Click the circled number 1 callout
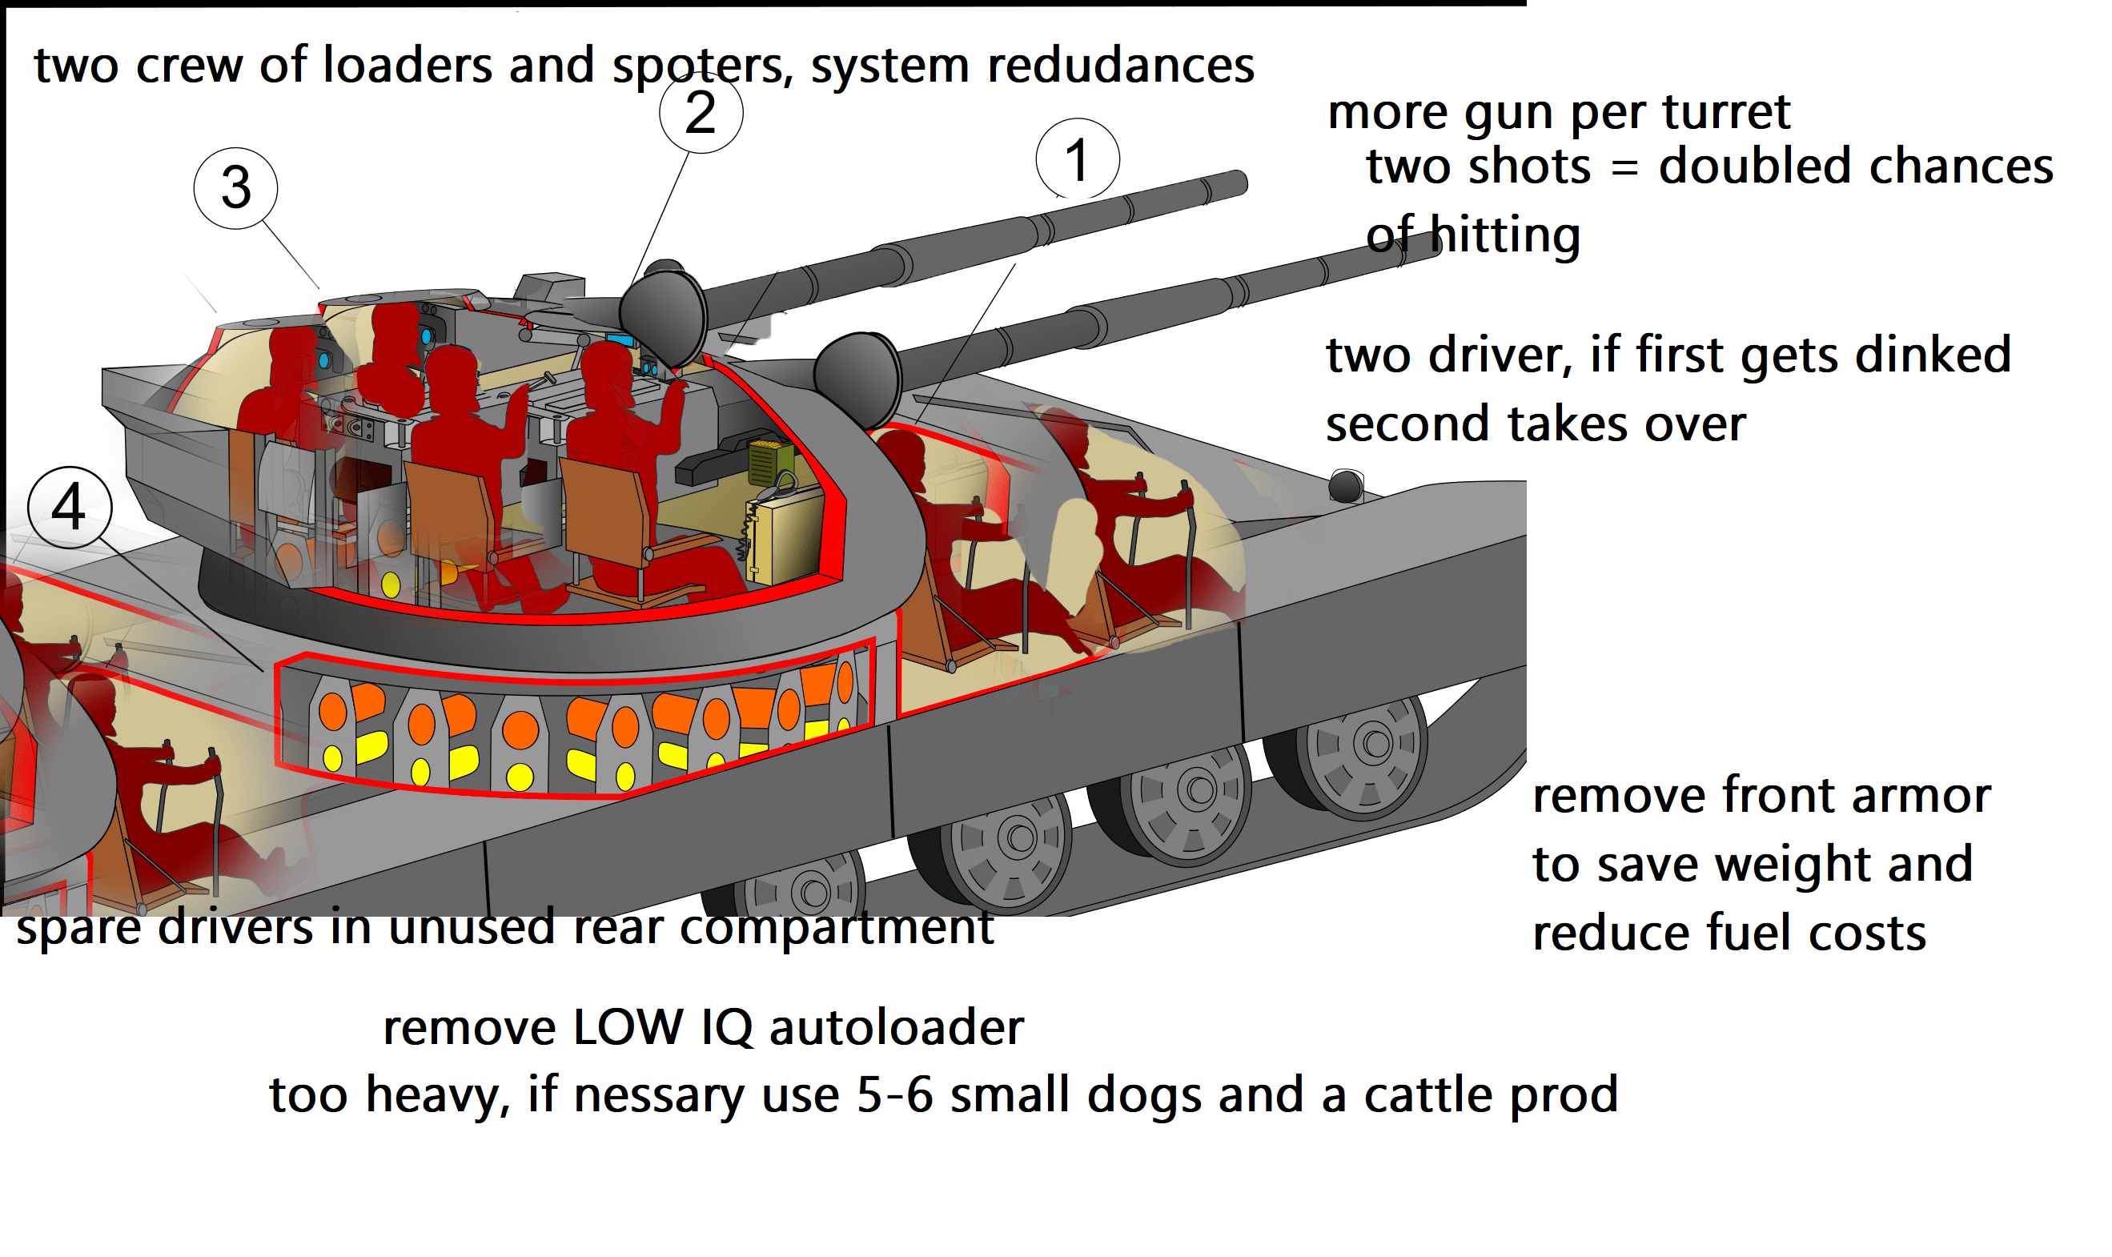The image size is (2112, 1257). click(1076, 159)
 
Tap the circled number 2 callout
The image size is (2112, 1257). click(701, 112)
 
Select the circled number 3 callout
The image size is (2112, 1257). click(235, 187)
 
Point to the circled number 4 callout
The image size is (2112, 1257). click(69, 507)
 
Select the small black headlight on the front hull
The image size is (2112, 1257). click(1344, 486)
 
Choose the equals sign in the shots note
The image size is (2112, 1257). click(1624, 167)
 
